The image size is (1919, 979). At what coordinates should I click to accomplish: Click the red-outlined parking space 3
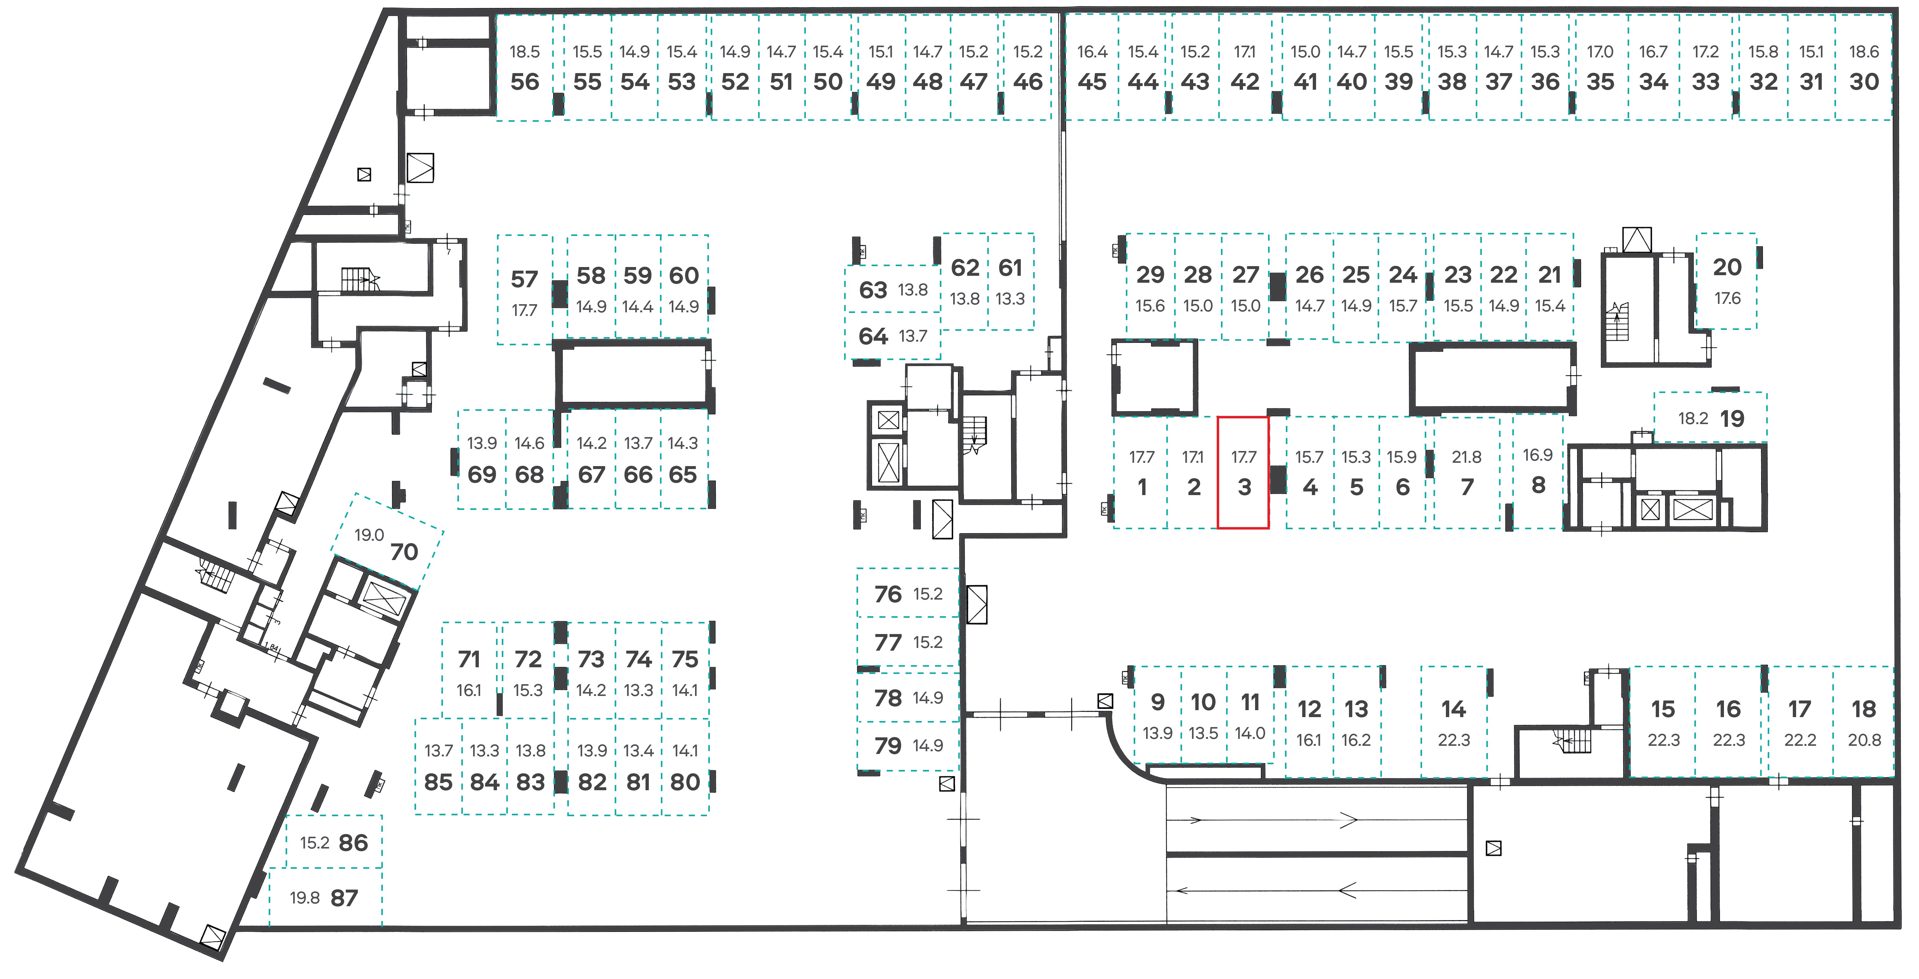1243,472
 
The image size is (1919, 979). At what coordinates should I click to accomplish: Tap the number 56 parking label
524,82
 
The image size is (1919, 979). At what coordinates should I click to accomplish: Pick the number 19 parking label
1732,419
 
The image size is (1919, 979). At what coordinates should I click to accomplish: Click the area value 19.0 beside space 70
369,535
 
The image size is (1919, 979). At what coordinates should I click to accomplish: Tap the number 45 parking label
1092,82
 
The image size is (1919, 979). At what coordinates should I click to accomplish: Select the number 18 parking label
1864,709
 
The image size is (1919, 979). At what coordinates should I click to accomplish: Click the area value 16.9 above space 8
1538,455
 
